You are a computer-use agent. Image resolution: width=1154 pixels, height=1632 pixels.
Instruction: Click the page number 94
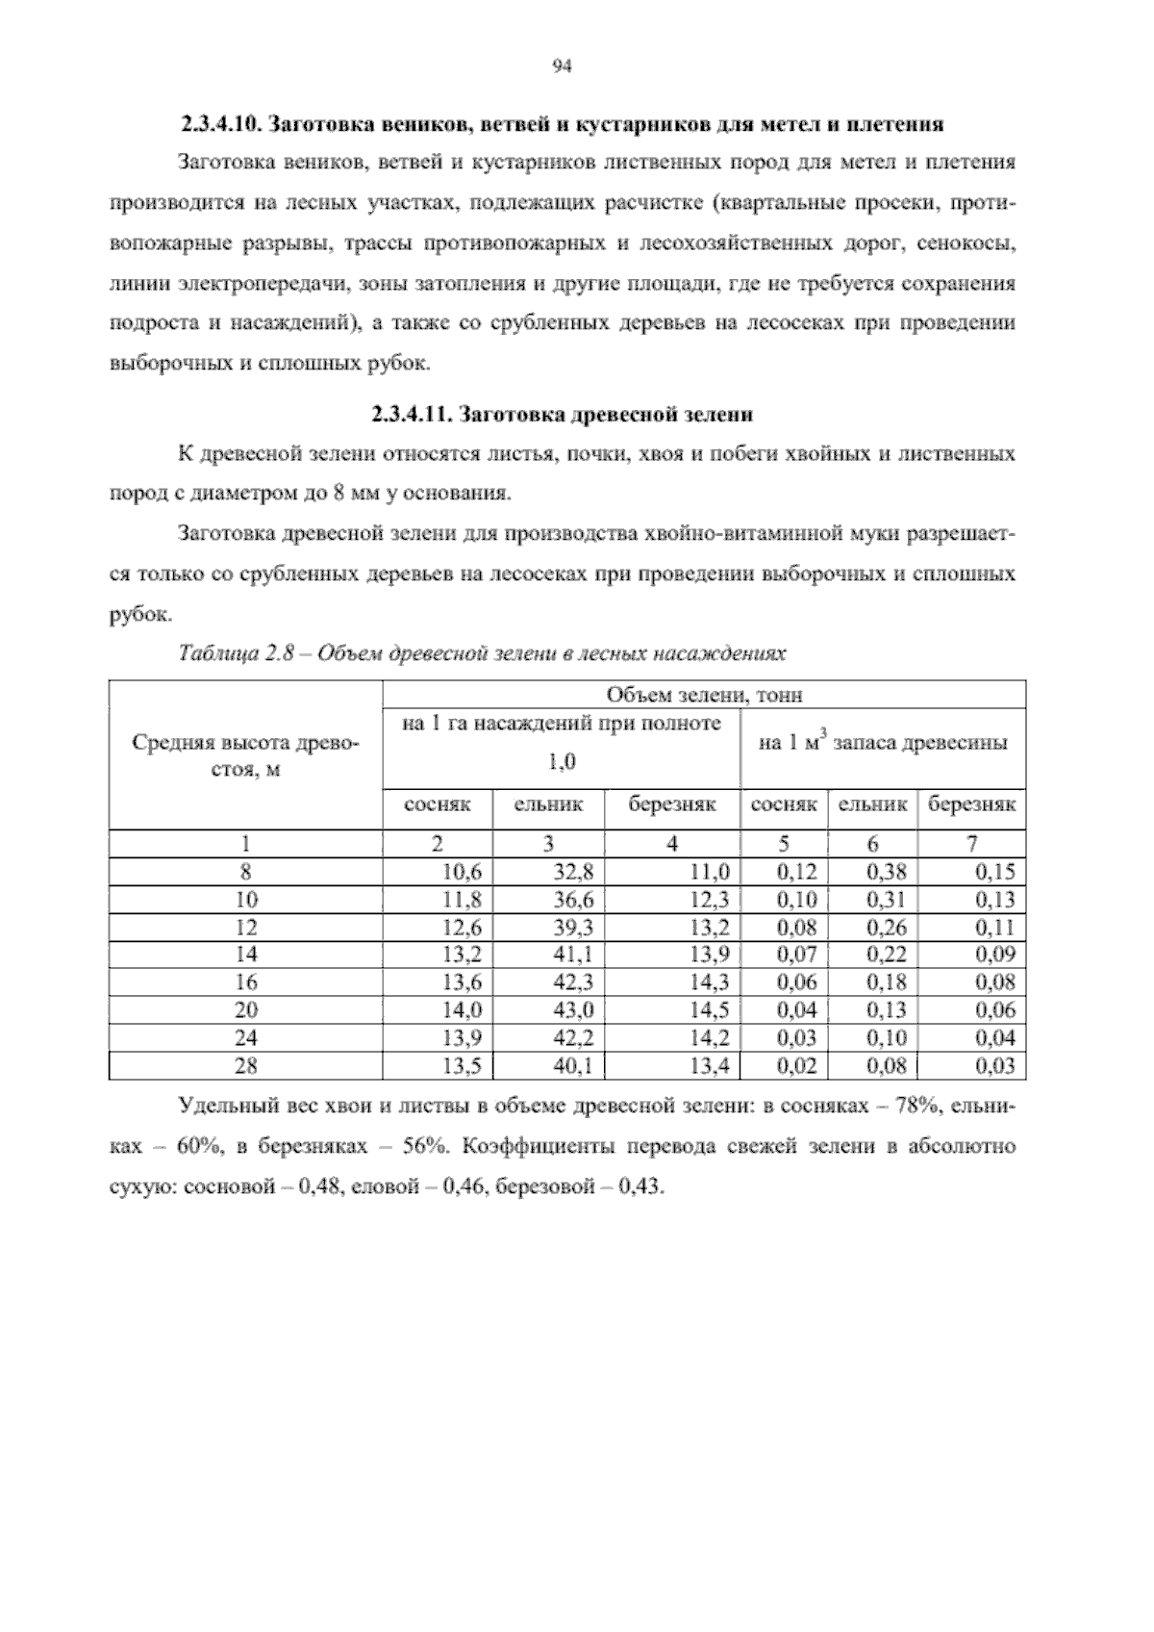tap(564, 66)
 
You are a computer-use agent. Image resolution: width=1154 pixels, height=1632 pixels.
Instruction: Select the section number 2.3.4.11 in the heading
tap(412, 416)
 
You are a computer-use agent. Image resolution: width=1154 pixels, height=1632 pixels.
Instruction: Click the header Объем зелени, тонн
tap(704, 695)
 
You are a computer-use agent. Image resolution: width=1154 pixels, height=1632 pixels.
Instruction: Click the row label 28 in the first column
tap(246, 1066)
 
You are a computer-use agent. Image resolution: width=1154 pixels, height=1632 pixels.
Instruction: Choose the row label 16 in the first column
tap(246, 982)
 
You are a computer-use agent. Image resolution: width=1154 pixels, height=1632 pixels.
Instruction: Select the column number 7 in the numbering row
tap(972, 844)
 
